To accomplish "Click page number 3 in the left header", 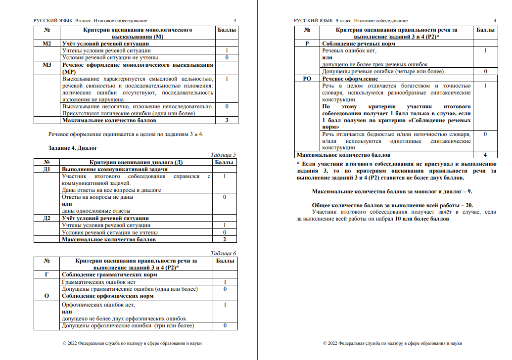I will click(234, 20).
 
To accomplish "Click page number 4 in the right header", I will click(495, 20).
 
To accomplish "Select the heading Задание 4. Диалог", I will click(73, 147).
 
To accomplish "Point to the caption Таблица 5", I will click(223, 155).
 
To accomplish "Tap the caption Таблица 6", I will click(223, 253).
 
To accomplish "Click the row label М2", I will click(47, 44).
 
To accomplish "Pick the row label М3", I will click(47, 65).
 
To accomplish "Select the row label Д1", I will click(47, 169).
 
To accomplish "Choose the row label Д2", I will click(47, 218).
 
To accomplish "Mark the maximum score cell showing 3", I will click(226, 120).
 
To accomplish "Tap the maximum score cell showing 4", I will click(485, 155).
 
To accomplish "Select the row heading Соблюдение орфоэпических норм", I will click(107, 296).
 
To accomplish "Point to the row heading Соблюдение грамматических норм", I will click(109, 275).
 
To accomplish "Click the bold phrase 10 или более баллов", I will click(421, 219).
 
